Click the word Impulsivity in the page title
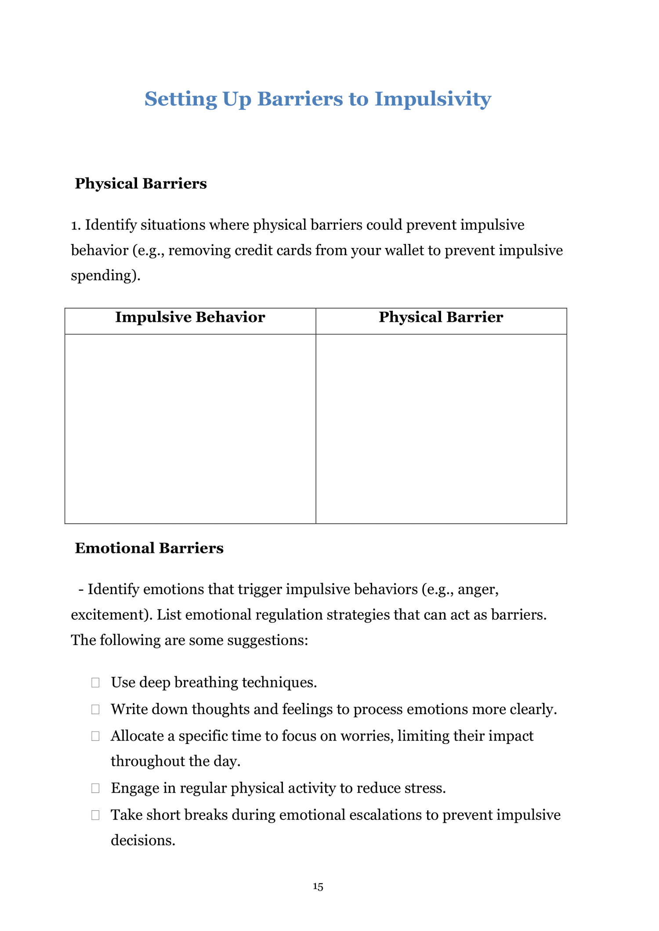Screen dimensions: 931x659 point(432,99)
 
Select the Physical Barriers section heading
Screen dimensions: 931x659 point(141,183)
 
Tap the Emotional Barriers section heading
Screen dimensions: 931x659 point(149,548)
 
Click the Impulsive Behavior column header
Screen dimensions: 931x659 point(190,317)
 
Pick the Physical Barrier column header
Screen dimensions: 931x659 point(441,317)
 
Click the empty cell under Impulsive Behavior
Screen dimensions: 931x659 point(190,428)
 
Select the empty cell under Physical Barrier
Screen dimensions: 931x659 point(441,428)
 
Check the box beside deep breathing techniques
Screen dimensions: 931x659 point(95,683)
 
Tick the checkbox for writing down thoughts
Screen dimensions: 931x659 point(95,709)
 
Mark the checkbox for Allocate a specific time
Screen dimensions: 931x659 point(95,736)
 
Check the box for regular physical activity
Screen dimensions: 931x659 point(95,788)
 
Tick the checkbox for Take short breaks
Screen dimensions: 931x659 point(95,815)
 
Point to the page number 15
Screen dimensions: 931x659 point(318,887)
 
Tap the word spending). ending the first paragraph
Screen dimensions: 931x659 point(105,276)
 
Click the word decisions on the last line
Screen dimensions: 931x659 point(142,840)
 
